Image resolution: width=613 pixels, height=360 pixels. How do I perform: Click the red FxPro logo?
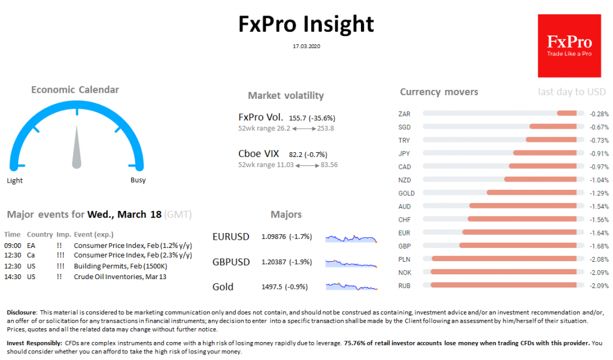(569, 46)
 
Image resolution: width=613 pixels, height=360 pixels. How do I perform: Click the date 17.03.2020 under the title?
(306, 46)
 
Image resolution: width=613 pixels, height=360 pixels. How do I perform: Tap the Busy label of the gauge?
(138, 180)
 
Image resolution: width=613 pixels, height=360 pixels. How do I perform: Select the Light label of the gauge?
(15, 180)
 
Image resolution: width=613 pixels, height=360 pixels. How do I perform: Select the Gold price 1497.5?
(272, 287)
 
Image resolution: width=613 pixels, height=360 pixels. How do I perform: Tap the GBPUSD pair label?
(231, 262)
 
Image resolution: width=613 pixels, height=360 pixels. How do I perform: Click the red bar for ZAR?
(566, 113)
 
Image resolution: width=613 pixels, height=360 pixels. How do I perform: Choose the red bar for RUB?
(503, 285)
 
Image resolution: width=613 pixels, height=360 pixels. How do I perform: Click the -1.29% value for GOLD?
(599, 193)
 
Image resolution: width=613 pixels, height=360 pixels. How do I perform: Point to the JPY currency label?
(404, 153)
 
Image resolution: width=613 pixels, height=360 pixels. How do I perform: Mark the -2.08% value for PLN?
(599, 259)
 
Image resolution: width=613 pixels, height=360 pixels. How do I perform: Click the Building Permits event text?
(120, 266)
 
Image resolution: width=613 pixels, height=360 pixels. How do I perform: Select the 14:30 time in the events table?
(12, 277)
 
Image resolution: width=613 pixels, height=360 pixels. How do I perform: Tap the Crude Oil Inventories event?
(120, 277)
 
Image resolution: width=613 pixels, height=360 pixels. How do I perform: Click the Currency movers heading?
(439, 92)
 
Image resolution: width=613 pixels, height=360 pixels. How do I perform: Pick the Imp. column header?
(63, 234)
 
